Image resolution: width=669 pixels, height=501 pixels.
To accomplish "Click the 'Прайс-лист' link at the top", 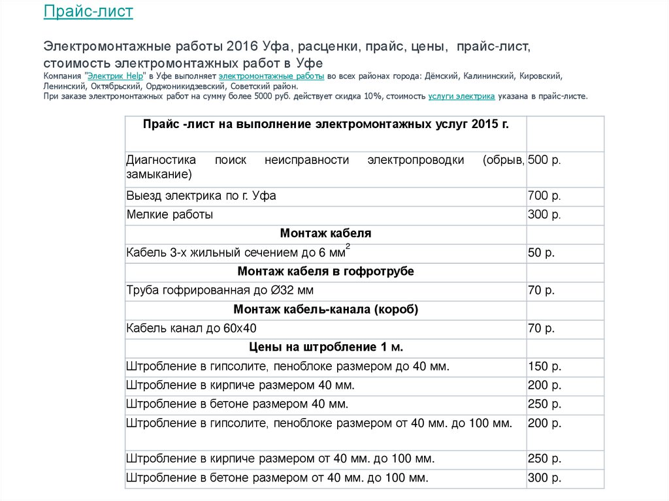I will [x=88, y=11].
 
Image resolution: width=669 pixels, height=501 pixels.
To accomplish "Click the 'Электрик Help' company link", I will [x=114, y=76].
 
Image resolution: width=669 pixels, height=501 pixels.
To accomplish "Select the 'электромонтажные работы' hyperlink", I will [x=271, y=76].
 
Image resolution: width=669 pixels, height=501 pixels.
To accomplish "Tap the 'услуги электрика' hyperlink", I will [x=461, y=96].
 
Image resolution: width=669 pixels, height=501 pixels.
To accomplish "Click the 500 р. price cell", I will [x=544, y=160].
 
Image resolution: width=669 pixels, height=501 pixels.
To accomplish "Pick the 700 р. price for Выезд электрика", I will [x=544, y=196].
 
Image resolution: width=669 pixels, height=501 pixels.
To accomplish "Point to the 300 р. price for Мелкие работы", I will [x=544, y=214].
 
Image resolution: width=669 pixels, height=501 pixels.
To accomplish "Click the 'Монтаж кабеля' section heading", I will [x=325, y=233].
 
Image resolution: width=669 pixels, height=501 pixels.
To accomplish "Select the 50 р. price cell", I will [x=541, y=252].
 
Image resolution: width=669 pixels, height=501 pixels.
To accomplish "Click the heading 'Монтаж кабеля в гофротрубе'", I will [x=325, y=271].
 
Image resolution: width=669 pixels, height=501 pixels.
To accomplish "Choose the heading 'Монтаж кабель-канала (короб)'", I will [x=325, y=309].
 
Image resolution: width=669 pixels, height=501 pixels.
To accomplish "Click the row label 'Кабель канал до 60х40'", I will [x=192, y=328].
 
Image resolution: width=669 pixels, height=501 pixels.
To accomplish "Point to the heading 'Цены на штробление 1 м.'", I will [x=325, y=347].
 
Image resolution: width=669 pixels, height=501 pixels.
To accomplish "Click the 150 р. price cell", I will [x=544, y=366].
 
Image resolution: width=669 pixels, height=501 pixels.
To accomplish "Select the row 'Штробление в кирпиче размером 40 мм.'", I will [x=240, y=385].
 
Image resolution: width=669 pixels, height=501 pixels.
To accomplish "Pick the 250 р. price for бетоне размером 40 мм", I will [x=544, y=404].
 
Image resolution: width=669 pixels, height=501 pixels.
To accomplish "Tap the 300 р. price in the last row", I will [x=544, y=478].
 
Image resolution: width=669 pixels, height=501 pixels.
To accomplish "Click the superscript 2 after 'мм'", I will [x=348, y=246].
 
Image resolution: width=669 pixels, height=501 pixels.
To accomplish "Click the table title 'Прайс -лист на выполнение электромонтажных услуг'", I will [x=325, y=124].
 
